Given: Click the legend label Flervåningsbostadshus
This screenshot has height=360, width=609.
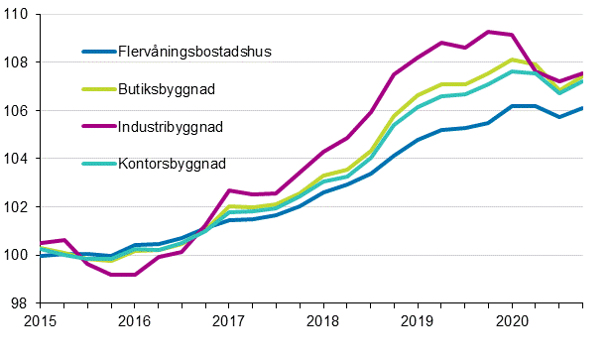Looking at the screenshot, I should [x=194, y=51].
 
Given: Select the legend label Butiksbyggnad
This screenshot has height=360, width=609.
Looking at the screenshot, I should [x=166, y=88].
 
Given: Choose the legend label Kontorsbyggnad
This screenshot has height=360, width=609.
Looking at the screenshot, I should [x=172, y=164].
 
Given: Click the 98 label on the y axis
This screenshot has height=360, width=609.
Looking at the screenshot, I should [x=19, y=302].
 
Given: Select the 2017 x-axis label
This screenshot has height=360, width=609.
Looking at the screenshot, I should [x=228, y=321].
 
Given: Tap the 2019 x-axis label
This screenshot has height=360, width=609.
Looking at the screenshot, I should [x=417, y=321].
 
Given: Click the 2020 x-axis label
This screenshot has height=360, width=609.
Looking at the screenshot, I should [x=511, y=321].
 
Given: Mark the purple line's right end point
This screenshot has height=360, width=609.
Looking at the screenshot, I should [x=582, y=73].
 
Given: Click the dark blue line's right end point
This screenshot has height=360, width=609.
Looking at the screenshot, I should [x=582, y=108].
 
